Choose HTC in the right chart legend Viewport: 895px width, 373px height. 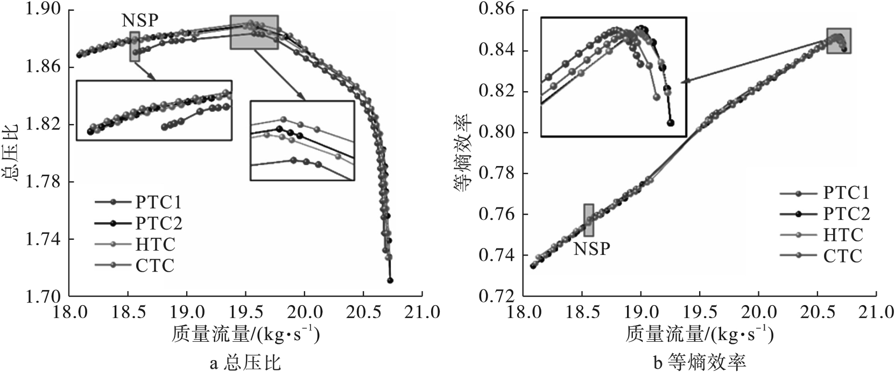point(843,234)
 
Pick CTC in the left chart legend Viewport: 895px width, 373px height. point(154,265)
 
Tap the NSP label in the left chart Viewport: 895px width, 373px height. point(139,21)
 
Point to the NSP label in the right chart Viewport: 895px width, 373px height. point(591,250)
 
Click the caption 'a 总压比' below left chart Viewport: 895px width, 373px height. point(245,363)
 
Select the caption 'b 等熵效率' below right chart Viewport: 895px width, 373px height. point(699,363)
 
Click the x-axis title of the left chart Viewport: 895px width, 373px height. point(246,336)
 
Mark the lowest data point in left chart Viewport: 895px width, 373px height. point(390,280)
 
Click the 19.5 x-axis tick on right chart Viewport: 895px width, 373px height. point(699,312)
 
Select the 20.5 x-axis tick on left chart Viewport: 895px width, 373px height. point(363,312)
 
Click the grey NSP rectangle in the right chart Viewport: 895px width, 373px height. point(589,220)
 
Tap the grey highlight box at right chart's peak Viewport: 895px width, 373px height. point(838,40)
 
